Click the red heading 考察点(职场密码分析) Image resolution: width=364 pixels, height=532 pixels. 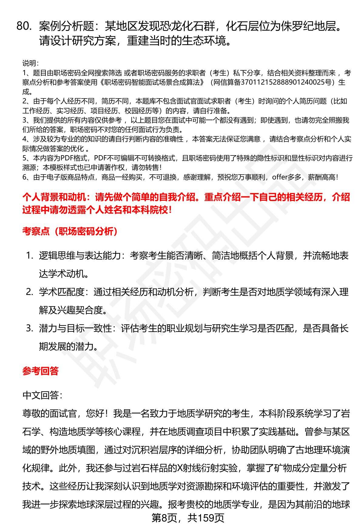[70, 232]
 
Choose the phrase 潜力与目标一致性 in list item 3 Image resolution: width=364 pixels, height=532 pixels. [75, 328]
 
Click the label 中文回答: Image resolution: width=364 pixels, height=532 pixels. [42, 395]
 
